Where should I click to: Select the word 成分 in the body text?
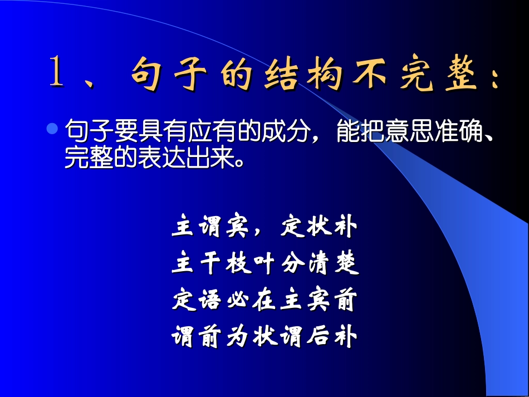[x=293, y=133]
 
